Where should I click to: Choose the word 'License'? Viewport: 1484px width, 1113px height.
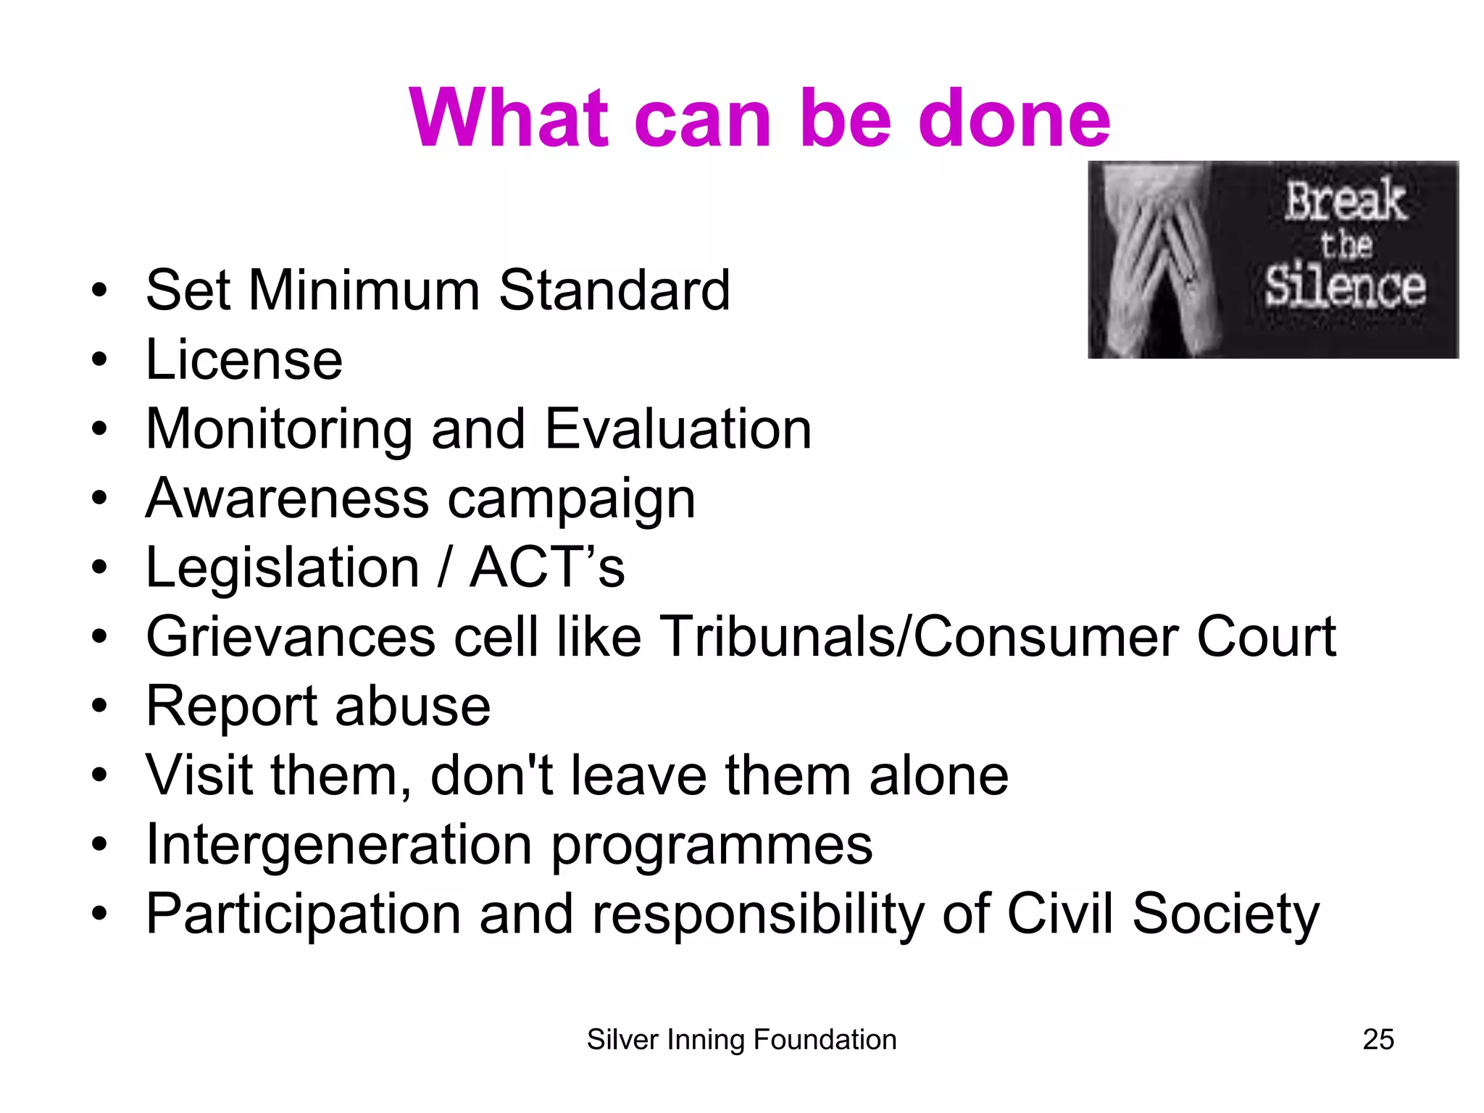[x=244, y=359]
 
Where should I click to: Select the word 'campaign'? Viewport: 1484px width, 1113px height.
[x=572, y=500]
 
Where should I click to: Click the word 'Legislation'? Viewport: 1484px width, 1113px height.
[x=283, y=567]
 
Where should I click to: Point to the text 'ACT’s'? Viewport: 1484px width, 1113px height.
[x=547, y=567]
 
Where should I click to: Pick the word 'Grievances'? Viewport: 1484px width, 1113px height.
[x=291, y=637]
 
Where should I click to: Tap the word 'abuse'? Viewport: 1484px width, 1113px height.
[x=412, y=706]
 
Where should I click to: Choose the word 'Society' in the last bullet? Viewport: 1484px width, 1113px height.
[x=1225, y=914]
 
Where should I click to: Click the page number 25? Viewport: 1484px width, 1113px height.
[x=1378, y=1040]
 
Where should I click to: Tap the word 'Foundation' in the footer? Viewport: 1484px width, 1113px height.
[x=825, y=1040]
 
